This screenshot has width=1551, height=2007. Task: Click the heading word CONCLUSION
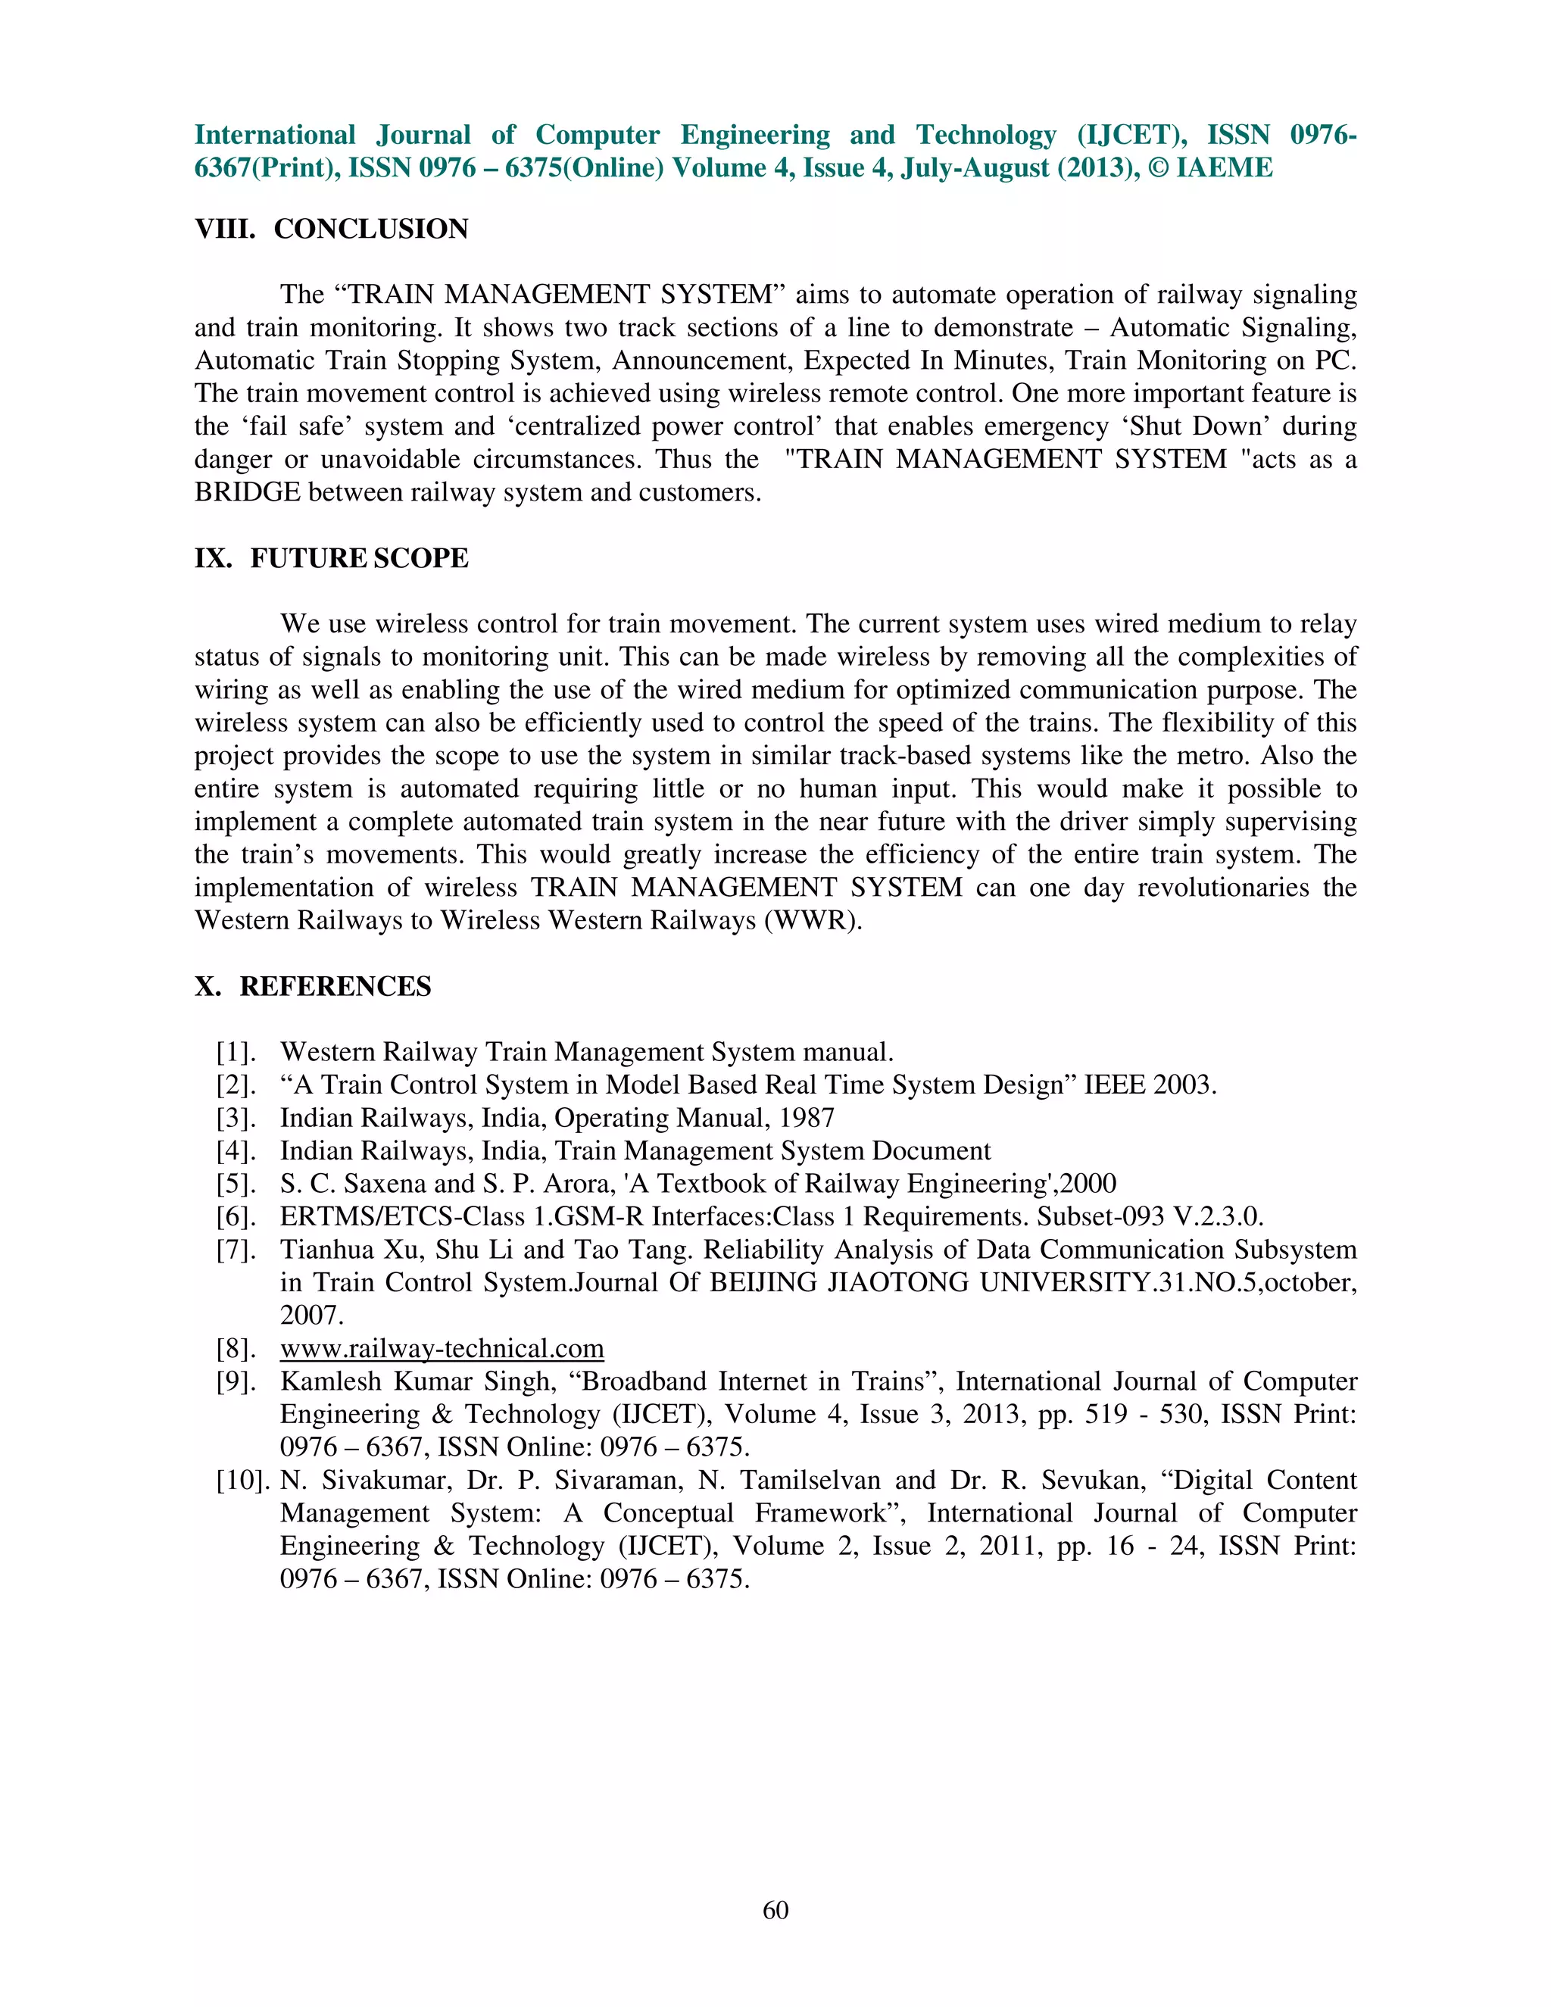(370, 229)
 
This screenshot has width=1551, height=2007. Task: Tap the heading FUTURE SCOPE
(358, 558)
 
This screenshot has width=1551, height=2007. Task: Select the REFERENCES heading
(335, 986)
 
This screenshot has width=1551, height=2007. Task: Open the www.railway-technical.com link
(442, 1348)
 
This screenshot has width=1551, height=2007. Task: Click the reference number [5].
(236, 1184)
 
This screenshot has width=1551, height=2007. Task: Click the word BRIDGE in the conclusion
(247, 492)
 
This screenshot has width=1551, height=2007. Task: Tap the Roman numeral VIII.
(224, 229)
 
